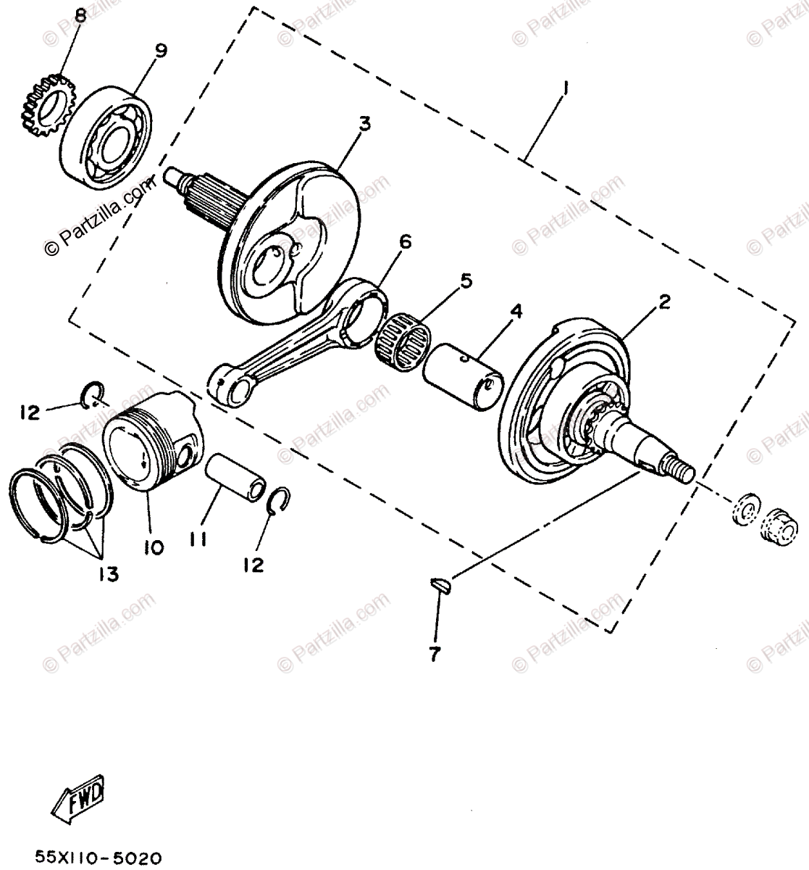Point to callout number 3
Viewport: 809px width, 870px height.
[364, 123]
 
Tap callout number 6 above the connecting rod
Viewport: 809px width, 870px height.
[404, 241]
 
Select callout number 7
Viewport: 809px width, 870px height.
[434, 655]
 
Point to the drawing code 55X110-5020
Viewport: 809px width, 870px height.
[98, 858]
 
